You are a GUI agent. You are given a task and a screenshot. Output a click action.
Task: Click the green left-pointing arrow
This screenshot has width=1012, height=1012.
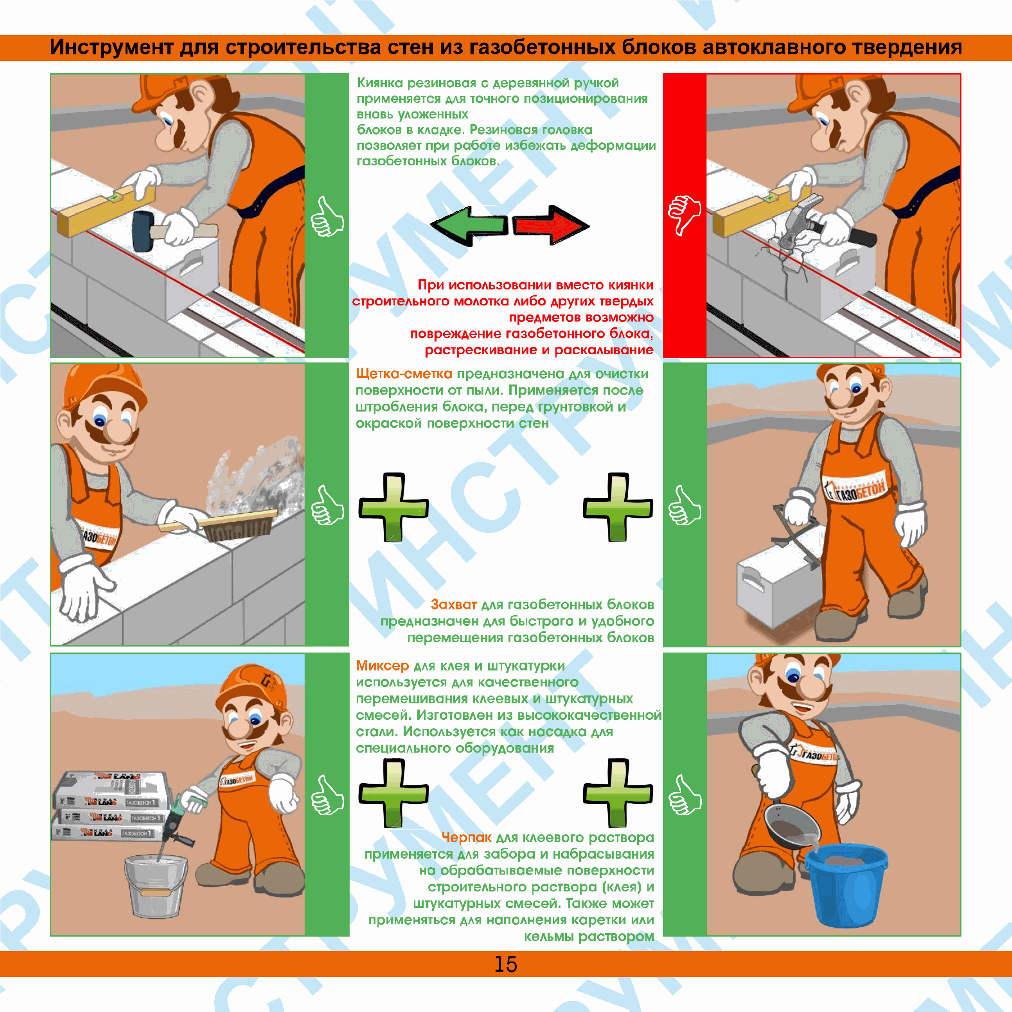(x=469, y=226)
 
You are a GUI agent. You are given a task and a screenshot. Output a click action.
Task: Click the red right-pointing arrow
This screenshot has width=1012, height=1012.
(x=551, y=225)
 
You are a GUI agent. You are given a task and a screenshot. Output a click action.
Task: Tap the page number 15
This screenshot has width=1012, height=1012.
(x=506, y=964)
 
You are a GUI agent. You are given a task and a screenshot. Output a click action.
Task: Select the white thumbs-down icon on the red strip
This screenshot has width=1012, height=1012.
(x=684, y=215)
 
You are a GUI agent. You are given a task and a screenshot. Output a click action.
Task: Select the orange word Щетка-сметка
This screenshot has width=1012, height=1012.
(x=404, y=374)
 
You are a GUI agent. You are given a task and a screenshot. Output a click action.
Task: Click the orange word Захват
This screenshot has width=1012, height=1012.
(x=454, y=605)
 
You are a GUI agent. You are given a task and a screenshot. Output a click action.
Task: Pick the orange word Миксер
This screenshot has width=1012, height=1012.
(x=382, y=666)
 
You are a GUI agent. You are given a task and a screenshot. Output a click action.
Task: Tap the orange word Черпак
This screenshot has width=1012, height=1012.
(x=467, y=838)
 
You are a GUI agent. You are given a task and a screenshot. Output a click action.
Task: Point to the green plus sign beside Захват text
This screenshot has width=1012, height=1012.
(x=618, y=506)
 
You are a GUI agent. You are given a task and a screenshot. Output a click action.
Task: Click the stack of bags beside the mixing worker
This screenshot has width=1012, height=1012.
(x=111, y=807)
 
